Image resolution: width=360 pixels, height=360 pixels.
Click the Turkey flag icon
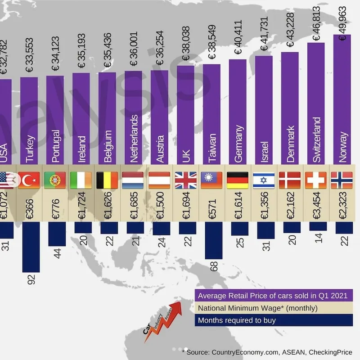point(29,180)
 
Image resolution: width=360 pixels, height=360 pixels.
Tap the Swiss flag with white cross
point(315,180)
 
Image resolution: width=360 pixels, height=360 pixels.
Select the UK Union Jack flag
point(185,180)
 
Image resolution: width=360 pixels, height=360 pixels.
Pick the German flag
point(237,180)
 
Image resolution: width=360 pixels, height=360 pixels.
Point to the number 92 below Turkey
point(31,279)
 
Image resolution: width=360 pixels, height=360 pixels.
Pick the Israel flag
point(264,180)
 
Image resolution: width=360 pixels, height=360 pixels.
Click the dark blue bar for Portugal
point(57,234)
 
